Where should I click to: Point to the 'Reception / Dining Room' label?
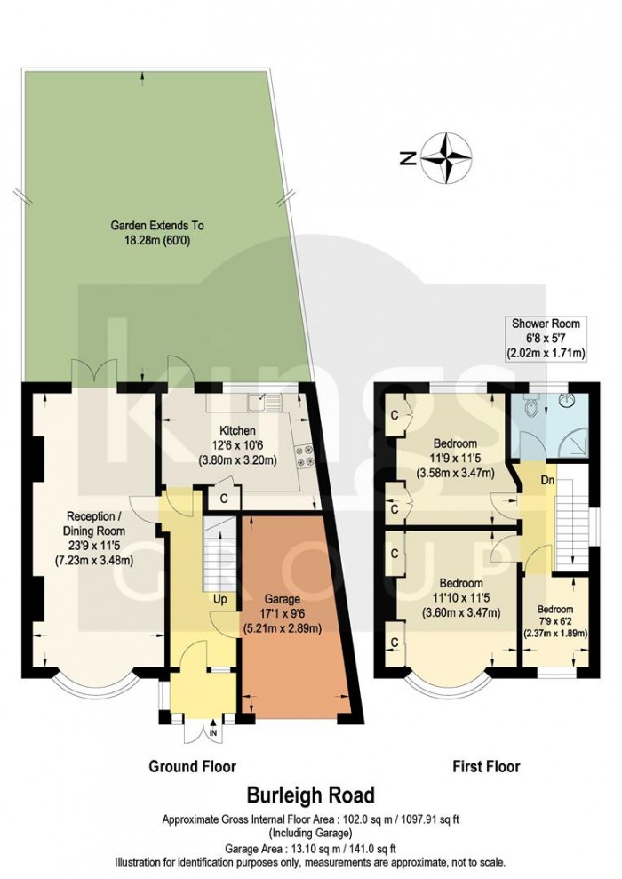(93, 538)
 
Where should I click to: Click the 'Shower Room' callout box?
(546, 337)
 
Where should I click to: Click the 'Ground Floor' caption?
(192, 765)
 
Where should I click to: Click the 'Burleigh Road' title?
(310, 794)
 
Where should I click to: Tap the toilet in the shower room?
(532, 408)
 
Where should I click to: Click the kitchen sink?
(265, 403)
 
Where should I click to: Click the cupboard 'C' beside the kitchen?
(224, 499)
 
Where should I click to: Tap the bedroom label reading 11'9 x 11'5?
(455, 457)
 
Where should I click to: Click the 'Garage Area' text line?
(310, 848)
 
